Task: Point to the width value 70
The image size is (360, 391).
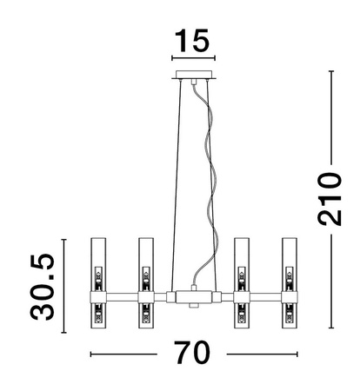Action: [192, 355]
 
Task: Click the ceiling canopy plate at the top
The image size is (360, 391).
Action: [193, 75]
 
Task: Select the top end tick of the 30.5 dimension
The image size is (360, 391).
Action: [63, 237]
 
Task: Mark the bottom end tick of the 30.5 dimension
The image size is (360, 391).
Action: [63, 328]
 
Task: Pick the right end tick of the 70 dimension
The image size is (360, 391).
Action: [297, 355]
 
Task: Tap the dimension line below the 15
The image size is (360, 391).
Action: [192, 60]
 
